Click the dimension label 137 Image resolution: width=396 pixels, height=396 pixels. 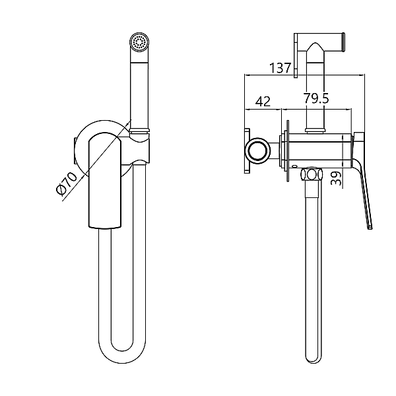280,68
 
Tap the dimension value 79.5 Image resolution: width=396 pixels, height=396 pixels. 316,98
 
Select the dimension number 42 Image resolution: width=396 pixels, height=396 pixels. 263,102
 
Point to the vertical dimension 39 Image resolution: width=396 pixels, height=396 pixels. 336,178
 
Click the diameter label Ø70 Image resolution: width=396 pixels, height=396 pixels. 67,183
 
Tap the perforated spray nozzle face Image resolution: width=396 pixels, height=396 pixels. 139,41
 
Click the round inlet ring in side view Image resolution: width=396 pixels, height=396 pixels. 257,151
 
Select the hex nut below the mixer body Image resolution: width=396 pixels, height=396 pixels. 312,174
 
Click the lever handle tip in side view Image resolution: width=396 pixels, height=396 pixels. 370,227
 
